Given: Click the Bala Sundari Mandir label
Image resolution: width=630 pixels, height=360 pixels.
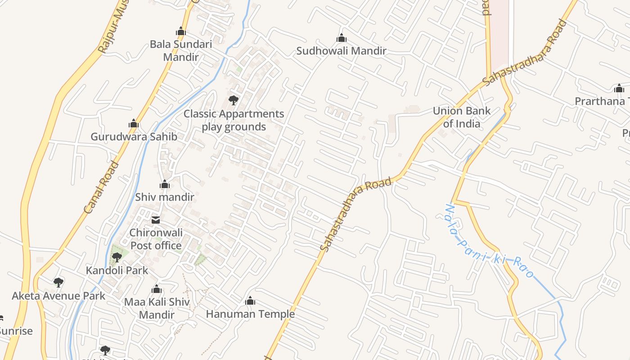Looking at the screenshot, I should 180,50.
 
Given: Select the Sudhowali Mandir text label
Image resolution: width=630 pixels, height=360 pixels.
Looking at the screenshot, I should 341,51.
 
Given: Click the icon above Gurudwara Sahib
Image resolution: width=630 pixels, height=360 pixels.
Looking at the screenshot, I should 133,124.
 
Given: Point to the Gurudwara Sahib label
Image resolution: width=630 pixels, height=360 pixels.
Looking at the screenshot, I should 134,137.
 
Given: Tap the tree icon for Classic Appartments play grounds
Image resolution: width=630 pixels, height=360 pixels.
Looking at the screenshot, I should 233,100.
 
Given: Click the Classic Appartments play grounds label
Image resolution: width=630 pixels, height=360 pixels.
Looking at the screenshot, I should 234,120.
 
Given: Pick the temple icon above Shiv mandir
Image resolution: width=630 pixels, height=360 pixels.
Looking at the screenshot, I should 165,184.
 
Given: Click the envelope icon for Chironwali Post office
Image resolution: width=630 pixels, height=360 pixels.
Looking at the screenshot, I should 156,220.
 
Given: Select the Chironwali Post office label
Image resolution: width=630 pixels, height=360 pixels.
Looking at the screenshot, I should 156,239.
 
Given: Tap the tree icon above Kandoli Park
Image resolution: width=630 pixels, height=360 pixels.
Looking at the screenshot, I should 117,257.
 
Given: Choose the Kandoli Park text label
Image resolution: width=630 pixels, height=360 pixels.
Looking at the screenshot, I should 117,270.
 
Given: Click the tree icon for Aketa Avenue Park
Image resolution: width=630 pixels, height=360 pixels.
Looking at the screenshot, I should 58,283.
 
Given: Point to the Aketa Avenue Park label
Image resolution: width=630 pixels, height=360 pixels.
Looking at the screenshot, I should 58,296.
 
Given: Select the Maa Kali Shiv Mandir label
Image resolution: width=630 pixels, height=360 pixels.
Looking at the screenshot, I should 157,308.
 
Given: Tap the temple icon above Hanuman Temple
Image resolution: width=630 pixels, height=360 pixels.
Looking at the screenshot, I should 250,301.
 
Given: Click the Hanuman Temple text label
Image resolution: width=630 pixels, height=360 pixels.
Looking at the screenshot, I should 250,314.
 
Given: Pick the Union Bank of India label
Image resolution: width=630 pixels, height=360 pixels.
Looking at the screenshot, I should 462,117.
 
